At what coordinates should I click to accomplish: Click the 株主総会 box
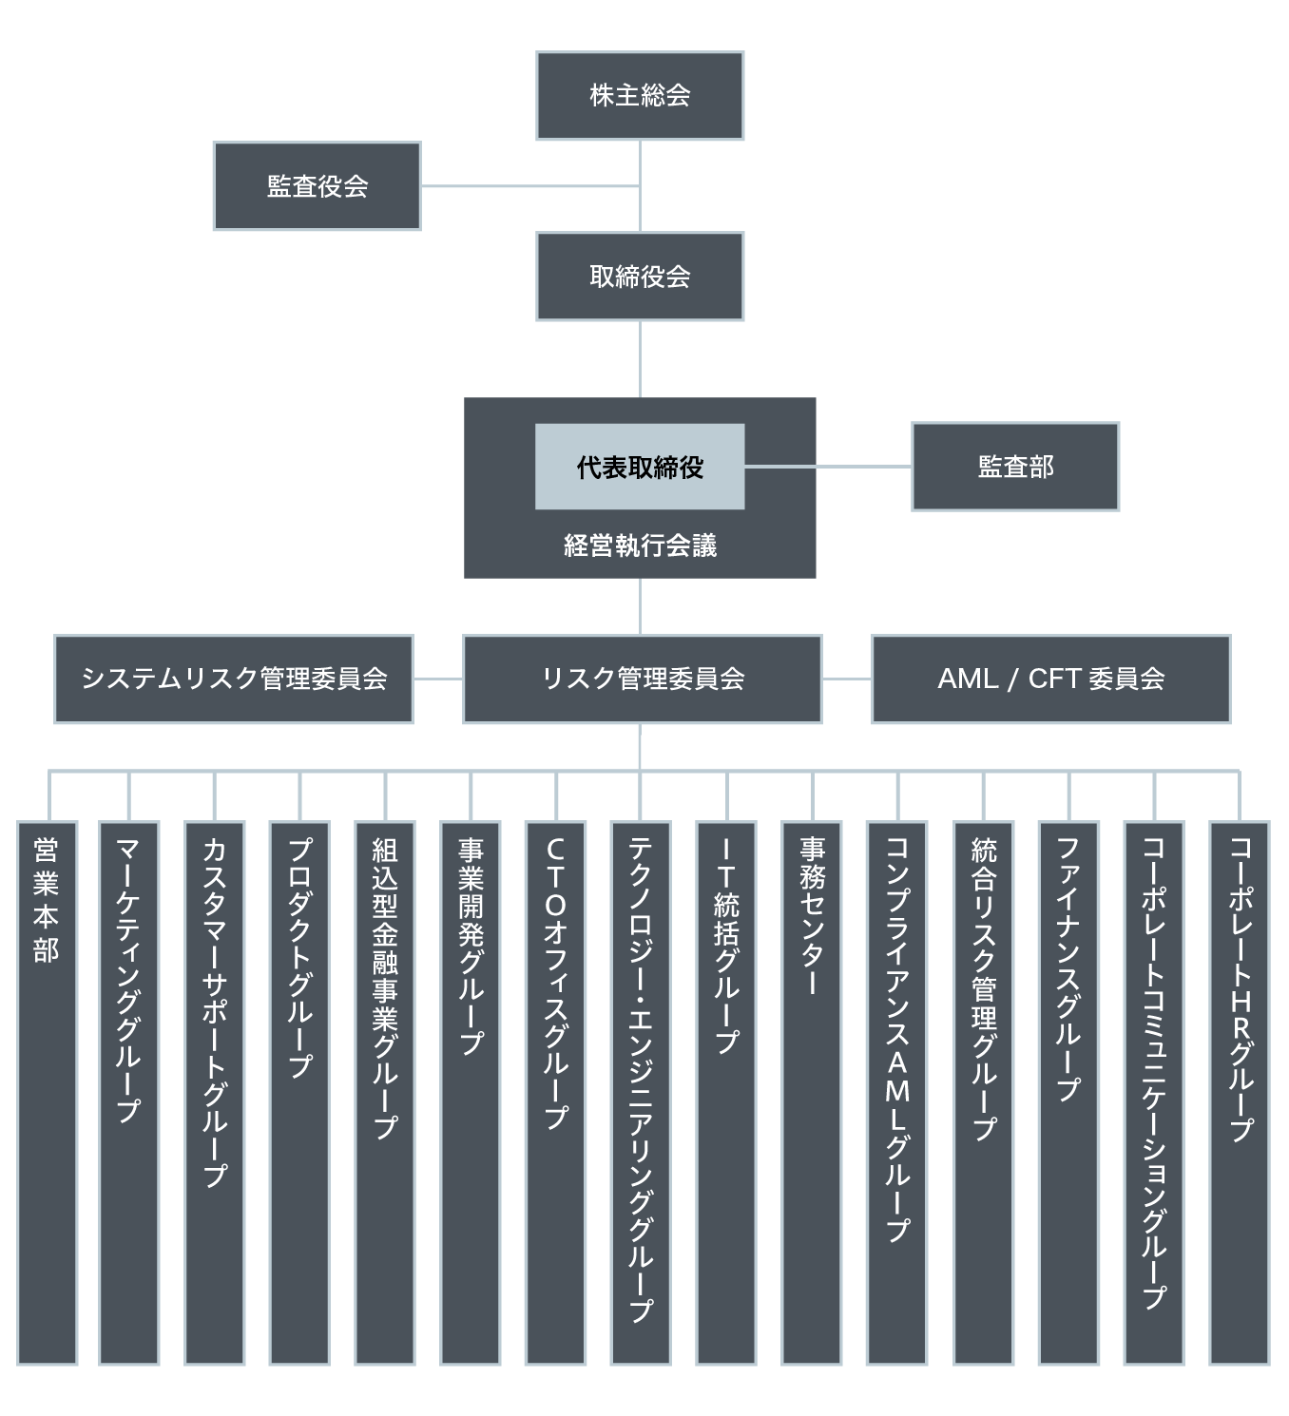640,96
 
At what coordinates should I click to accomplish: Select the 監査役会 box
317,186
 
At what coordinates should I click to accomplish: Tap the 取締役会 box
640,277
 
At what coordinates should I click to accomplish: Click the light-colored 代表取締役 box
640,467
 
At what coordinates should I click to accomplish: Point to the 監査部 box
1015,467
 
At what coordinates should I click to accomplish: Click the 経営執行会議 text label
640,545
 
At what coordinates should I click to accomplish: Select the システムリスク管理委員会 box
234,679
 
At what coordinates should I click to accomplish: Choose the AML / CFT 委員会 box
1050,679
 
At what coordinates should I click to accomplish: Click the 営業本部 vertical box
47,1093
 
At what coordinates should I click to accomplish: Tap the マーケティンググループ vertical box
128,1093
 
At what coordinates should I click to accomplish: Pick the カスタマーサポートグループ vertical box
215,1093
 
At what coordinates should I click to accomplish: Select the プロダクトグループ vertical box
299,1093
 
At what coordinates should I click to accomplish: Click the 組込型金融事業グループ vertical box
385,1093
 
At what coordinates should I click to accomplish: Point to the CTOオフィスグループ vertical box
555,1093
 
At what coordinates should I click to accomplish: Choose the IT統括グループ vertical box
726,1093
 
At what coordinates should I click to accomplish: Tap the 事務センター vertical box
812,1093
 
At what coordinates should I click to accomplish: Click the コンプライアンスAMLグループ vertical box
896,1093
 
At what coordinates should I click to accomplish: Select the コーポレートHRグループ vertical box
1240,1093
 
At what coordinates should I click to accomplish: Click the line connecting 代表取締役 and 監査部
827,467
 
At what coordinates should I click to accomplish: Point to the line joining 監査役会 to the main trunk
529,186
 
